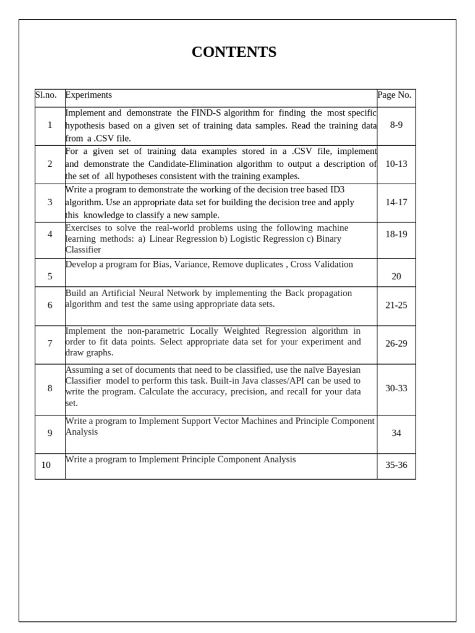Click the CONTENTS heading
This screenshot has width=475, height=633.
[234, 53]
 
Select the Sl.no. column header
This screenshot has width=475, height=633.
[46, 95]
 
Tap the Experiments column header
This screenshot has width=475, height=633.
[88, 95]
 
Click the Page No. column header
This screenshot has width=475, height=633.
[394, 95]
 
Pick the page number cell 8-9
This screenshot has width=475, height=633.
[396, 125]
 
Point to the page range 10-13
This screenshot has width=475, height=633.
[396, 164]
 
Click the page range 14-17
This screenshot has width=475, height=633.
[396, 202]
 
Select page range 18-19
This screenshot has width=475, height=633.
[396, 234]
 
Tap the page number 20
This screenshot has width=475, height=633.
[396, 276]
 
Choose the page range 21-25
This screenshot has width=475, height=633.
[396, 305]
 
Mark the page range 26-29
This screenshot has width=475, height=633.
[396, 344]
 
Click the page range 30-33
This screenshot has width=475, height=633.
[396, 388]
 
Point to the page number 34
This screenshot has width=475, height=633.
[396, 433]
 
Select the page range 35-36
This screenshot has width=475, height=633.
[396, 465]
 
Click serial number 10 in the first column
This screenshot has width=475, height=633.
[46, 465]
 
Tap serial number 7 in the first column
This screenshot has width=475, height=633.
[49, 344]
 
